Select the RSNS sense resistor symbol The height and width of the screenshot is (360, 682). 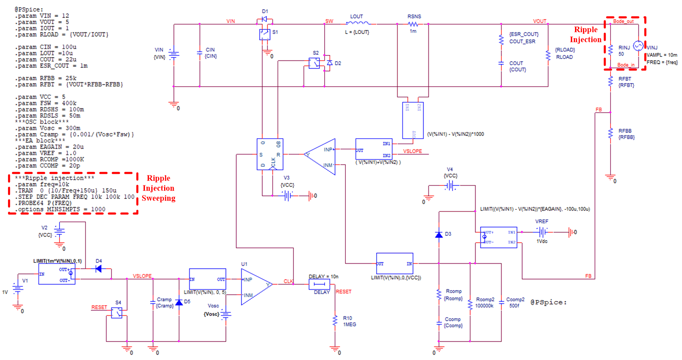click(x=413, y=24)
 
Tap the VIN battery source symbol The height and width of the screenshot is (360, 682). click(x=174, y=54)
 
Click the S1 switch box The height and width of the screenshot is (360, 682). click(x=264, y=34)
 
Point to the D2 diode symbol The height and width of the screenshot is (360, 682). click(x=329, y=63)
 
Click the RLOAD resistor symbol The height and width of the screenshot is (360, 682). click(x=548, y=55)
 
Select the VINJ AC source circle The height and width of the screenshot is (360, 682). click(x=638, y=46)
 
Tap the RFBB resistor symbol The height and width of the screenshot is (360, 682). click(x=610, y=133)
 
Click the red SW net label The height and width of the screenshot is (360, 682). click(x=329, y=21)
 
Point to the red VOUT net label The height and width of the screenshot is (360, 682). click(x=539, y=21)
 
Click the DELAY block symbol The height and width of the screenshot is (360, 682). click(x=319, y=284)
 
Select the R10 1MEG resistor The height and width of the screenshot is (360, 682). click(x=335, y=321)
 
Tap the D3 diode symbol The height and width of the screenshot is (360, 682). click(x=439, y=235)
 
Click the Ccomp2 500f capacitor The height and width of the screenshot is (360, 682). click(x=501, y=302)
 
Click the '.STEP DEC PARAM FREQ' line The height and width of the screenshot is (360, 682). click(x=74, y=197)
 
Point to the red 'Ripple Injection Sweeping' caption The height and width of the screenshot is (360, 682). click(x=159, y=188)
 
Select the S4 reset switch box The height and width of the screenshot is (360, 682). click(x=117, y=313)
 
